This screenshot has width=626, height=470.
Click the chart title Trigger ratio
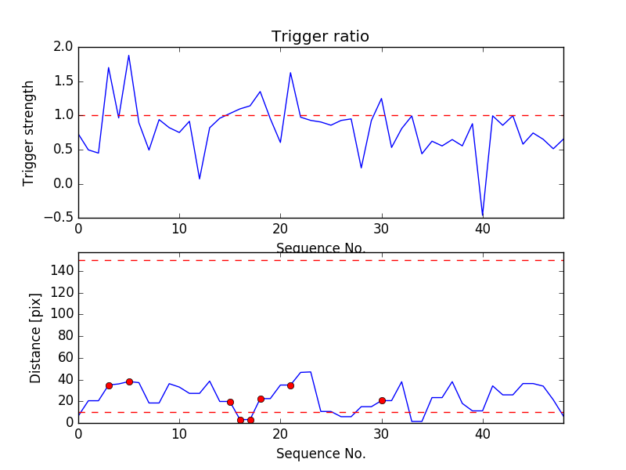pos(320,37)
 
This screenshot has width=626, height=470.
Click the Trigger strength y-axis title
pos(29,132)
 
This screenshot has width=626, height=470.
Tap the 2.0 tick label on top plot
pos(63,48)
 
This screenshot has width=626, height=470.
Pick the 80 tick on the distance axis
pos(65,335)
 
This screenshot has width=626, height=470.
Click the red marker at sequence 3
pos(109,385)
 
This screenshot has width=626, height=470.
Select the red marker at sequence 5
pos(129,381)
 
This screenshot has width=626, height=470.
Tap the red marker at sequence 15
pos(230,402)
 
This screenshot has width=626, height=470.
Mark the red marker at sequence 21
pos(290,385)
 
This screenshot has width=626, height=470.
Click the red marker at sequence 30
pos(382,400)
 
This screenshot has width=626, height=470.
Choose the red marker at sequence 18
pos(261,399)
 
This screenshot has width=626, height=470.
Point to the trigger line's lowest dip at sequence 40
pos(483,215)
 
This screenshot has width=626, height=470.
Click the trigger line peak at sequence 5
pos(129,56)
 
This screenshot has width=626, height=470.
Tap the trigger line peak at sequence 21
pos(290,73)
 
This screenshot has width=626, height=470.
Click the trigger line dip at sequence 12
pos(200,179)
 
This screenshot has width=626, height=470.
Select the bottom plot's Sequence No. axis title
pos(321,454)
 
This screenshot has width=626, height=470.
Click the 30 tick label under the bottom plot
pos(382,435)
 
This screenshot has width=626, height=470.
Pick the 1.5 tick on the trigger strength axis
pos(63,81)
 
